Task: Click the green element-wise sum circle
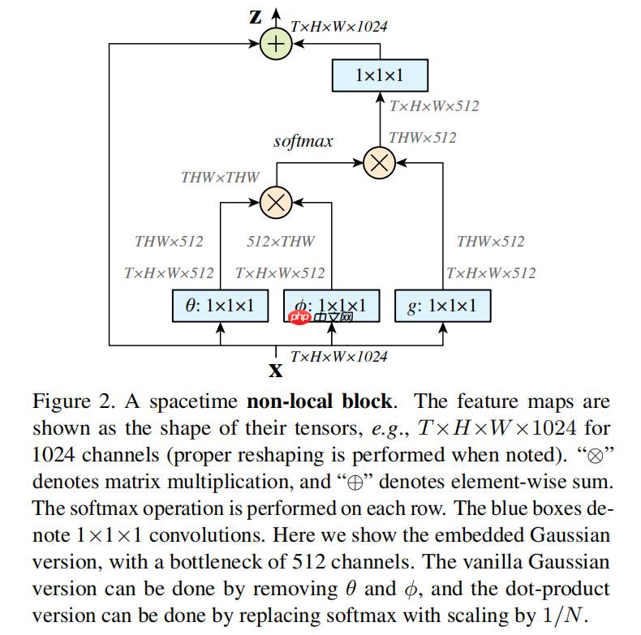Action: (x=276, y=44)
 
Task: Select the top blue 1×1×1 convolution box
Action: (x=380, y=77)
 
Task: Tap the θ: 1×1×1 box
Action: (x=220, y=306)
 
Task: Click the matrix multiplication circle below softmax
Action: (x=379, y=162)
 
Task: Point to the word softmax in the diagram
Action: (x=303, y=141)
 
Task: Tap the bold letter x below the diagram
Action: (x=276, y=371)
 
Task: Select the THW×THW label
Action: (x=220, y=177)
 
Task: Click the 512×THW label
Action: (x=281, y=241)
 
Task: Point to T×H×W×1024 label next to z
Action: (x=338, y=26)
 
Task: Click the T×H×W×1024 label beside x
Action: (x=338, y=356)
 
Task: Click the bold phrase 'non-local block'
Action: (x=320, y=401)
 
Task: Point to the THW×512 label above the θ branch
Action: (x=169, y=241)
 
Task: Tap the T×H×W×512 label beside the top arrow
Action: (x=434, y=105)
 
